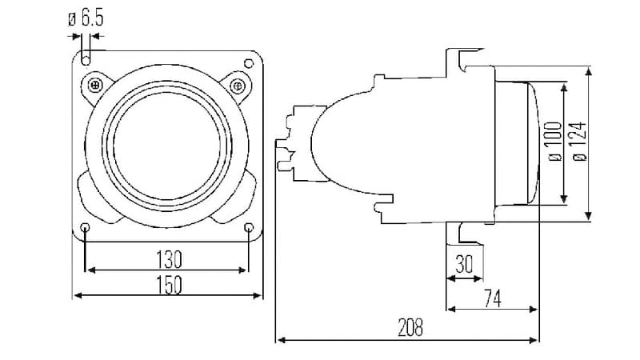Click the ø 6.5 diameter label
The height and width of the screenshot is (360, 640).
pos(86,18)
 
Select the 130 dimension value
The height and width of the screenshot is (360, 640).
pos(168,259)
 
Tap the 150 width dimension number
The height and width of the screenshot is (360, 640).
pos(168,284)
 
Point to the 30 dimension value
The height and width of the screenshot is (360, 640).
pos(464,264)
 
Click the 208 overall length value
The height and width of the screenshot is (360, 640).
pos(409,327)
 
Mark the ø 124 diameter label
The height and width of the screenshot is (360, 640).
pos(580,141)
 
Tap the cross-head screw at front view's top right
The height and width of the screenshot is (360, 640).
pos(237,85)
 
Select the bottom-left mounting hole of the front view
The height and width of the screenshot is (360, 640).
pos(86,230)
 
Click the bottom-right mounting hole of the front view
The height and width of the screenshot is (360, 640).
pos(250,229)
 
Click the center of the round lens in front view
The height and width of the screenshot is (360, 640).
pos(167,144)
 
